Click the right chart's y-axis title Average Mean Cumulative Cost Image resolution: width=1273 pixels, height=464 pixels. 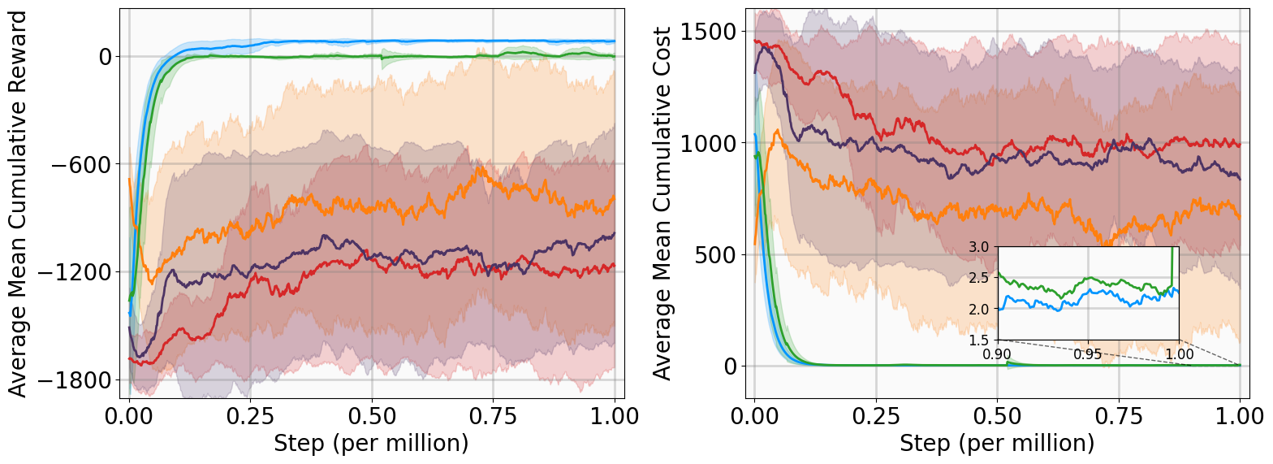click(x=663, y=203)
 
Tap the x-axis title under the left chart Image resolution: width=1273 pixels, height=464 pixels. click(x=371, y=444)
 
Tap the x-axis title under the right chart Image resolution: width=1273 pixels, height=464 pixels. click(x=997, y=444)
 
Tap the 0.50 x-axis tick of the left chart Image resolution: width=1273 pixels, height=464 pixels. click(x=371, y=418)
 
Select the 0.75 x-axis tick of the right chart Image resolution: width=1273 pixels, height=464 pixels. click(x=1118, y=418)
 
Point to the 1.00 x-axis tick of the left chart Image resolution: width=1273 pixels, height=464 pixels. click(x=614, y=418)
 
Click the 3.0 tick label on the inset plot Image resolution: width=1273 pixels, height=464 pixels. click(x=979, y=247)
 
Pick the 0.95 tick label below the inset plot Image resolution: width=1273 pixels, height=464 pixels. click(x=1088, y=354)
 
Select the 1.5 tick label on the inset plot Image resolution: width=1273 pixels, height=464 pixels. click(x=979, y=340)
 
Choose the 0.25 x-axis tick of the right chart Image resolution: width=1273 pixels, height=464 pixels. click(x=876, y=418)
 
